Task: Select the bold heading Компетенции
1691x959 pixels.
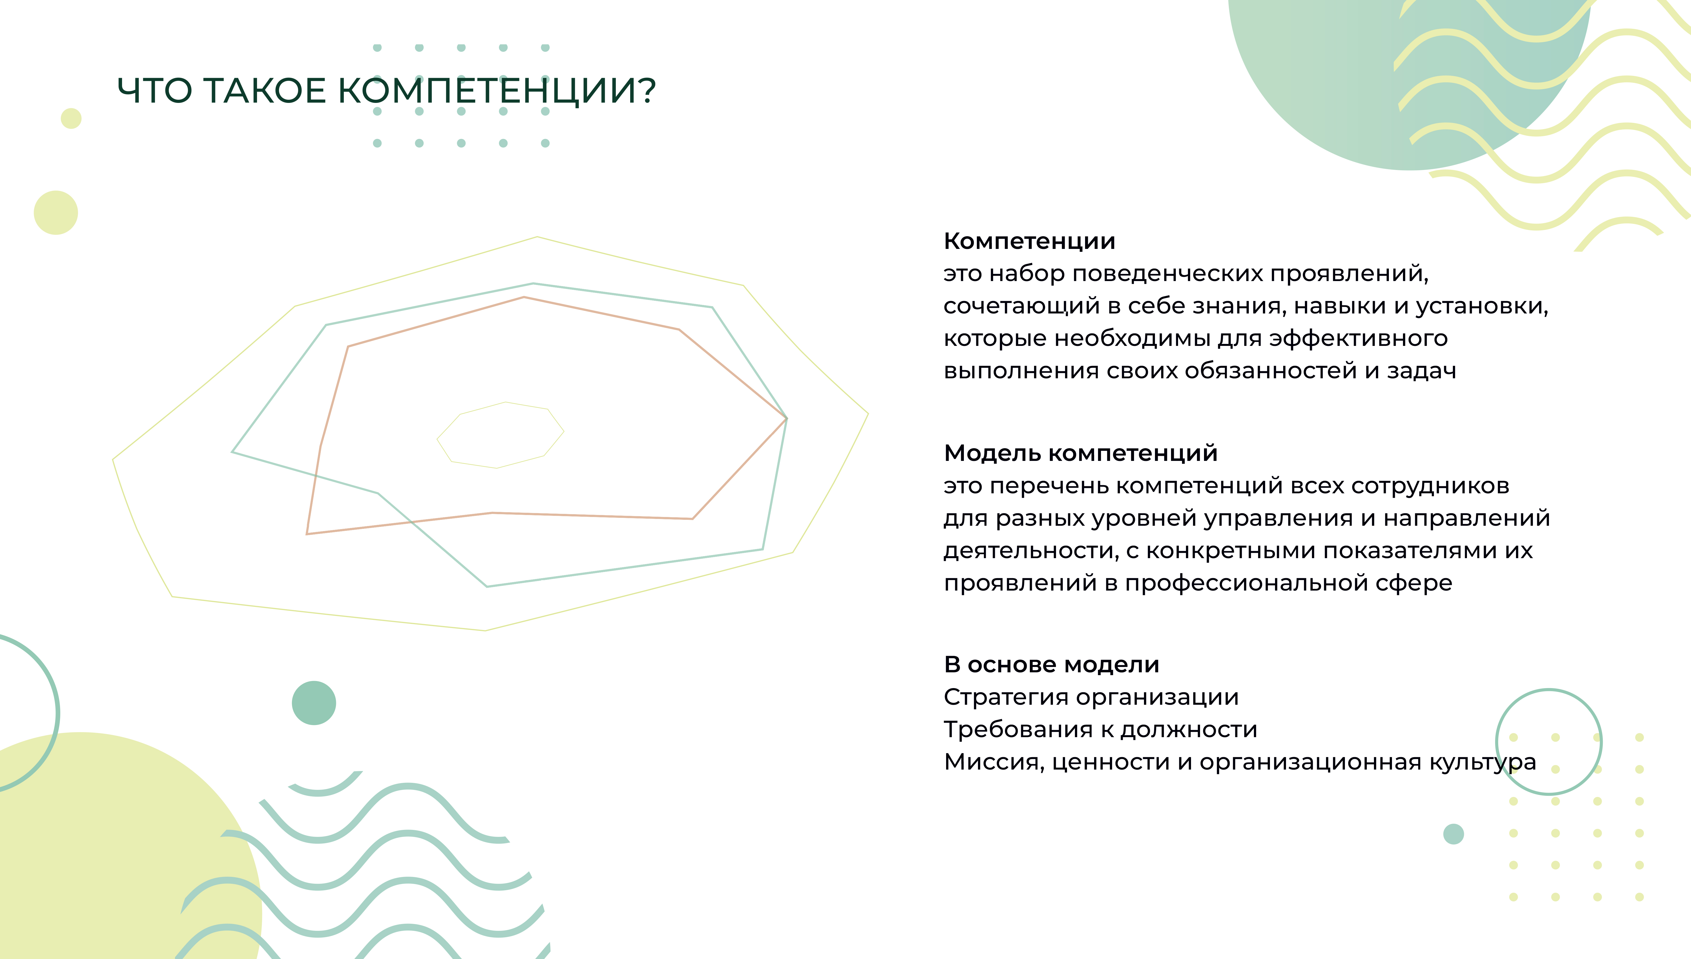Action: pos(1029,242)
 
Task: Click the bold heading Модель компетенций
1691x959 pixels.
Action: pos(1081,453)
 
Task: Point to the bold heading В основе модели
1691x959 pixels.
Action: pos(1052,665)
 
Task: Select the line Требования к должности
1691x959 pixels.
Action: pos(1100,730)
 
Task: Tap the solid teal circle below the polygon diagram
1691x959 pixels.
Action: pos(314,703)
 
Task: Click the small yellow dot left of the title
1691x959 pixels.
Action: pos(71,119)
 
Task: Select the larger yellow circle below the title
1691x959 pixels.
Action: pos(56,213)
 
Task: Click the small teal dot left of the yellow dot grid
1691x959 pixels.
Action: pos(1453,834)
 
